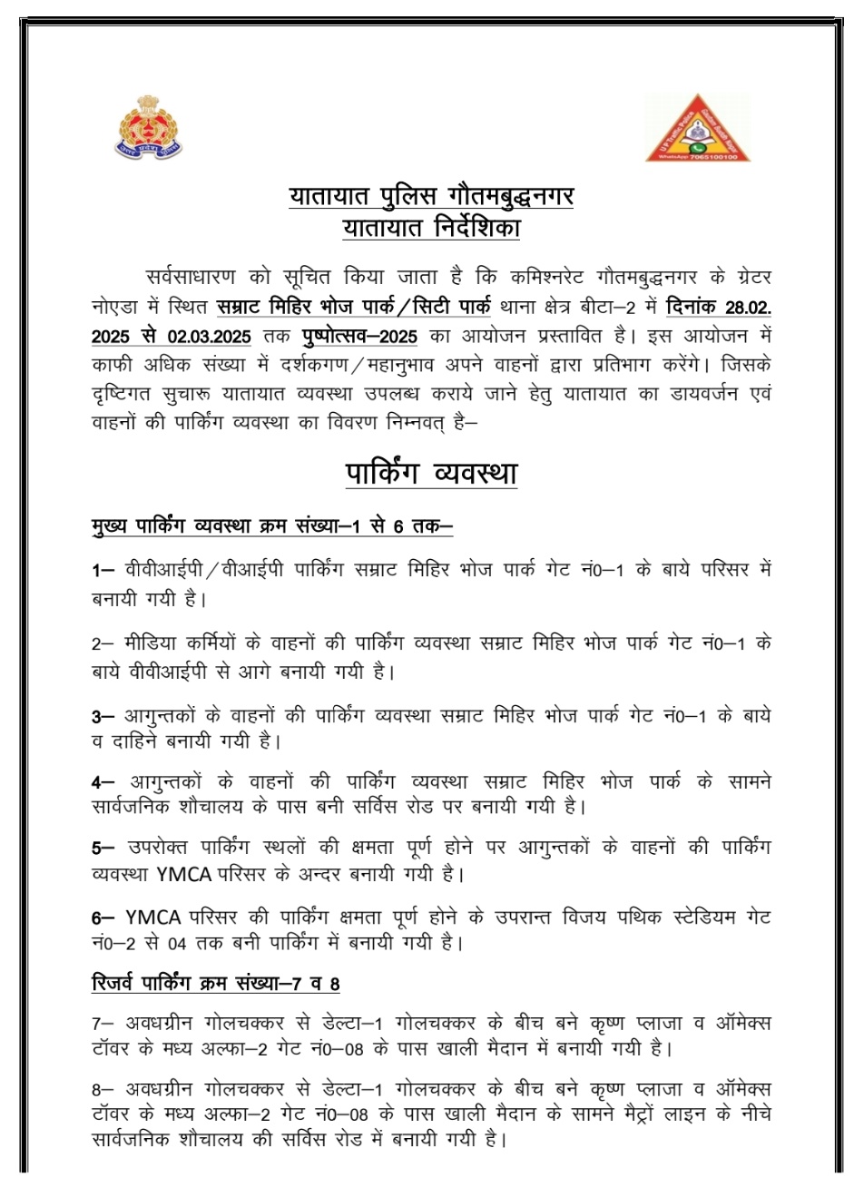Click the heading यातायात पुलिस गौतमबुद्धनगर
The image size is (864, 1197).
pos(431,195)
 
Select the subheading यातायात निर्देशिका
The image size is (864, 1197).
pos(431,227)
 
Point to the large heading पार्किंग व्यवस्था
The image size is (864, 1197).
pos(431,474)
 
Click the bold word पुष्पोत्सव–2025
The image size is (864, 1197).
pos(359,336)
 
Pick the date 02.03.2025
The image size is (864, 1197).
pos(209,336)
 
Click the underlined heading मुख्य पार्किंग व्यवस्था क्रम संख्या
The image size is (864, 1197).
pos(272,527)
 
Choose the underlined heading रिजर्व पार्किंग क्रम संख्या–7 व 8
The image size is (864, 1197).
pos(216,983)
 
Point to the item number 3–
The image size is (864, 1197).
pos(103,716)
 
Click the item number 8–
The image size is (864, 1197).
pos(103,1089)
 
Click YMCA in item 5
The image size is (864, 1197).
pos(184,875)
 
